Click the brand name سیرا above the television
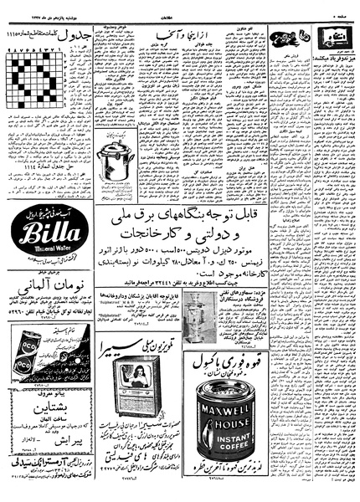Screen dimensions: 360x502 tap(160, 347)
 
